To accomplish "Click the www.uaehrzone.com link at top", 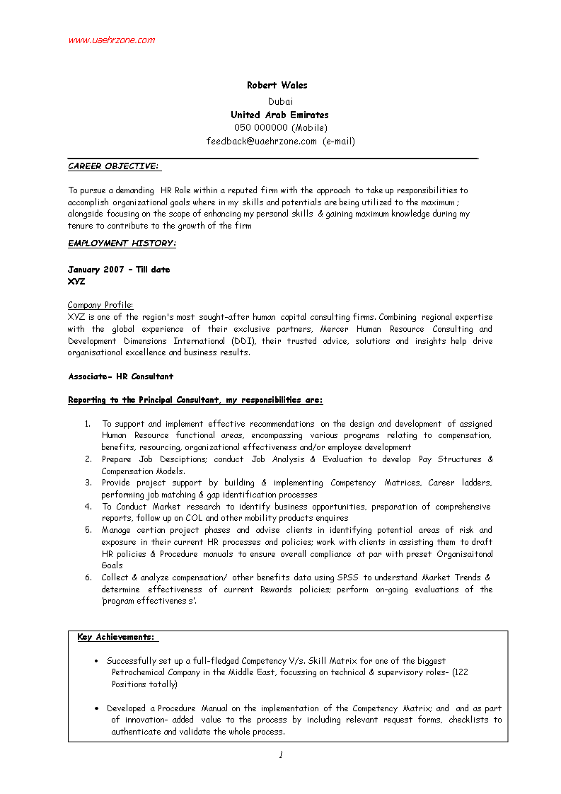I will click(111, 40).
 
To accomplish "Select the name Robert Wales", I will click(277, 86).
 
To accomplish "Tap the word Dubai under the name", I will click(280, 101).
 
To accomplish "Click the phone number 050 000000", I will click(260, 128).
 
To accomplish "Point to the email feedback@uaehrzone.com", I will click(262, 142).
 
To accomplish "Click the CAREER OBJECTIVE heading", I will click(113, 166).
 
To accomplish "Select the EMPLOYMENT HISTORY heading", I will click(122, 243).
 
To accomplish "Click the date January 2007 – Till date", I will click(119, 270).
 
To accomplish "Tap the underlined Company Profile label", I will click(100, 305).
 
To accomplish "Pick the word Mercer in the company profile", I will click(335, 329).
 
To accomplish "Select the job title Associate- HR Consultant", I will click(120, 376).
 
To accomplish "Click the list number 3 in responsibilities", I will click(88, 483).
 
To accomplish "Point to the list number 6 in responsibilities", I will click(88, 577).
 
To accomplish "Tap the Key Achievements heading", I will click(117, 638).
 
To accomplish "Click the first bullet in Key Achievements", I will click(96, 661).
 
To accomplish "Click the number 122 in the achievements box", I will click(460, 673).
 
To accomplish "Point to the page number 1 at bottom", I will click(280, 755).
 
